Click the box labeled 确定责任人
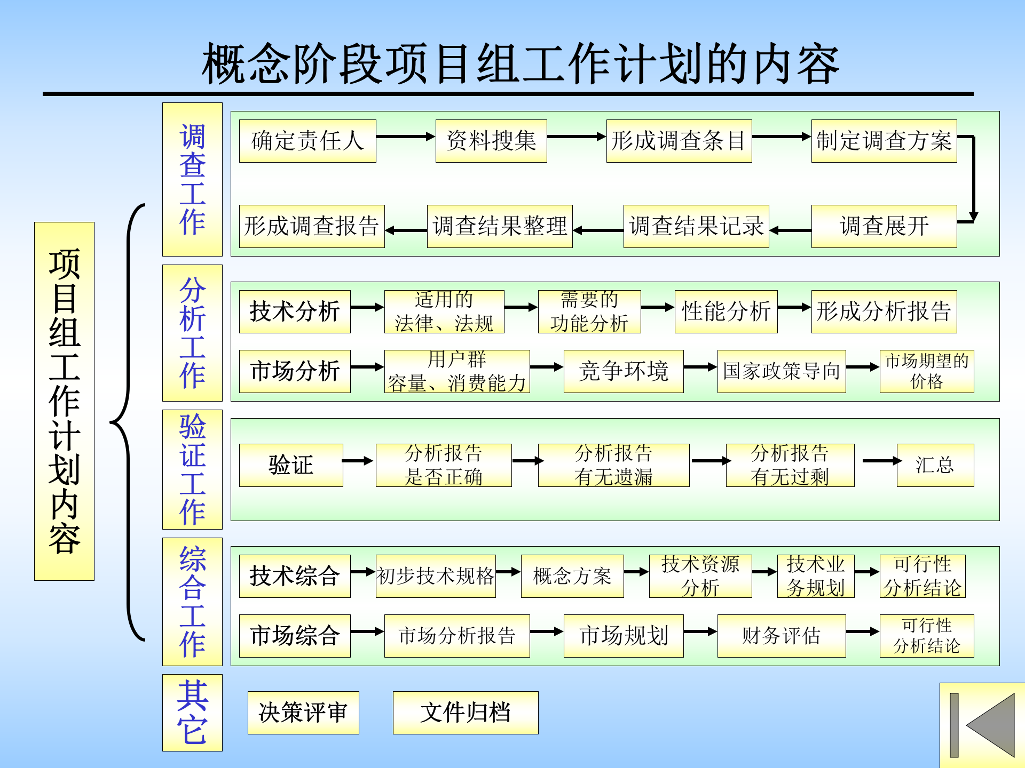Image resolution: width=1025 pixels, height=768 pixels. tap(307, 141)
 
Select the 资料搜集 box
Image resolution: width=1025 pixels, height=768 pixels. tap(491, 141)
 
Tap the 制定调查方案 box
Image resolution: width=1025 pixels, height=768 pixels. tap(884, 141)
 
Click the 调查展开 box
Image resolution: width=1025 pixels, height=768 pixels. tap(884, 226)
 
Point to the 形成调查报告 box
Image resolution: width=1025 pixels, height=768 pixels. tap(312, 226)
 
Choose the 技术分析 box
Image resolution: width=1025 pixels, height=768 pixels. tap(295, 311)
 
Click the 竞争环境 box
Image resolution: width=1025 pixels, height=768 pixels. tap(624, 371)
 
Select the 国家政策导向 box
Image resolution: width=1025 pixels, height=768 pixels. tap(782, 371)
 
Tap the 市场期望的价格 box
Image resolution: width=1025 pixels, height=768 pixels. tap(927, 371)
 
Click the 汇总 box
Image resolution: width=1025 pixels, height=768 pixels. tap(935, 465)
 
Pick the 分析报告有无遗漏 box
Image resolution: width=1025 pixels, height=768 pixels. tap(613, 465)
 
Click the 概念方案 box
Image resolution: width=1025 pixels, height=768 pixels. tap(572, 576)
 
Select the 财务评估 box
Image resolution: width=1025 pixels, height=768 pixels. tap(782, 636)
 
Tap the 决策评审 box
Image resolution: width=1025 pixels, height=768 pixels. tap(303, 713)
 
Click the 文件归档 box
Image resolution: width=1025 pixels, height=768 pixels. tap(466, 713)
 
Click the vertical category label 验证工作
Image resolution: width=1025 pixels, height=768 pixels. tap(192, 469)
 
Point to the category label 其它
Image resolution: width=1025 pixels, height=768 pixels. tap(192, 713)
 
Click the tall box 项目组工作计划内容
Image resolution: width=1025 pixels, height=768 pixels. tap(64, 401)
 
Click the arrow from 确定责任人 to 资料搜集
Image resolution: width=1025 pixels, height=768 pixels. tap(406, 137)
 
